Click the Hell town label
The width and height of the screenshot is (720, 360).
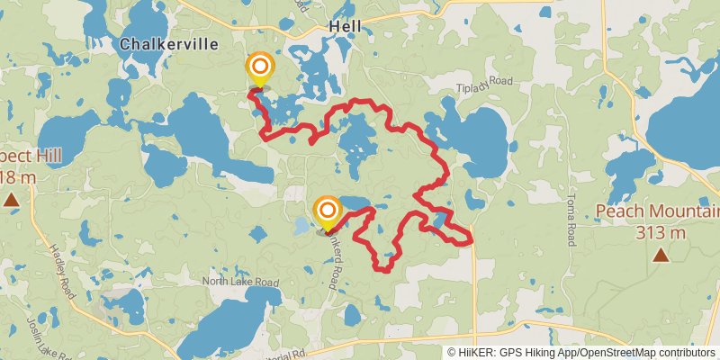point(345,27)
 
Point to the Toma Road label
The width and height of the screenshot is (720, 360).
point(570,221)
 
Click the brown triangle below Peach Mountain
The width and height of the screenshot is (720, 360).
point(661,256)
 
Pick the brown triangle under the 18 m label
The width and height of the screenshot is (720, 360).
point(11,199)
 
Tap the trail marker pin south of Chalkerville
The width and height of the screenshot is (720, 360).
point(260,68)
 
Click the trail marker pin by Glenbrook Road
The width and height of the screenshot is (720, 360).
point(328,213)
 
